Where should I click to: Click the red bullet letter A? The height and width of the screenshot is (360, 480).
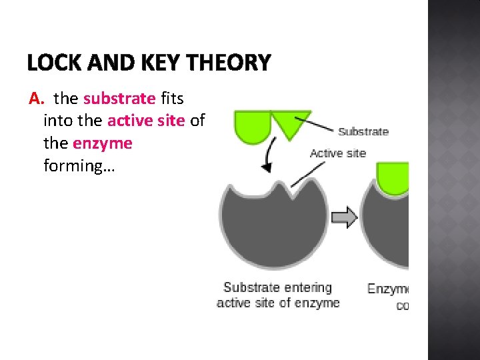[x=36, y=99]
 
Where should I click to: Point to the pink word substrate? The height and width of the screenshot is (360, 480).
[x=119, y=99]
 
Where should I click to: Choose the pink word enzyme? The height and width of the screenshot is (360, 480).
[x=103, y=143]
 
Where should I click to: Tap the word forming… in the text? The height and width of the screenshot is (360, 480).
[x=79, y=165]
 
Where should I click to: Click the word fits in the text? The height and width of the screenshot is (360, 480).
[x=172, y=99]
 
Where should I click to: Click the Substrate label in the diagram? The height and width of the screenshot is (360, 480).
[x=363, y=132]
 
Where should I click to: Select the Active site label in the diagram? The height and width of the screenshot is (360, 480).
[x=338, y=153]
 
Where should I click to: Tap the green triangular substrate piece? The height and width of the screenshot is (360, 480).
[x=291, y=123]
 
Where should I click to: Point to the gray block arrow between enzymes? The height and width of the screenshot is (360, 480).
[x=345, y=217]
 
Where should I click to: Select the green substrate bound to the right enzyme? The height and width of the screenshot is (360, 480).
[x=392, y=177]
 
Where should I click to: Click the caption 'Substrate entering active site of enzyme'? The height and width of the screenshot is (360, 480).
[x=278, y=295]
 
